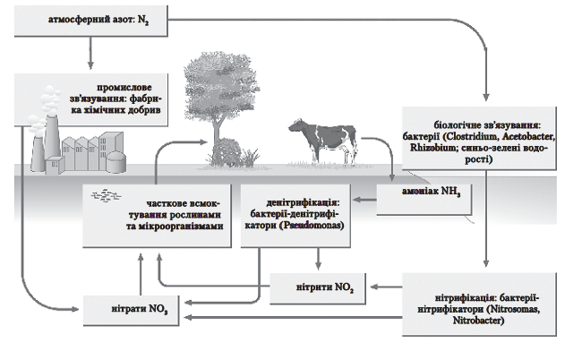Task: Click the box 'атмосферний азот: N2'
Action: point(90,20)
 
